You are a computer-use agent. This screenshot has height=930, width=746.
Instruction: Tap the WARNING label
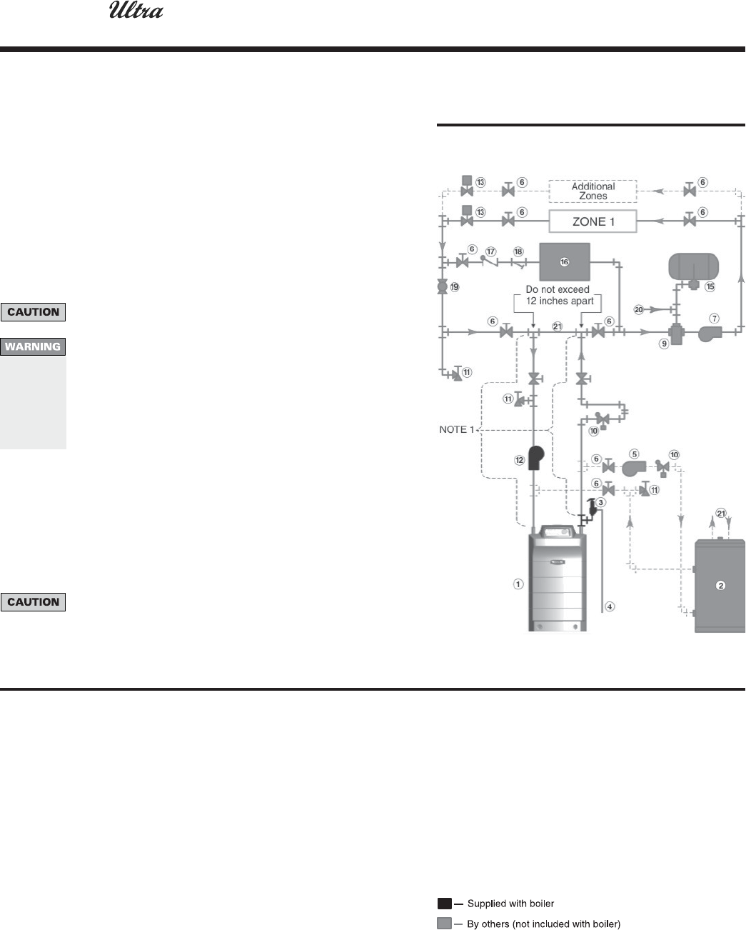(x=34, y=347)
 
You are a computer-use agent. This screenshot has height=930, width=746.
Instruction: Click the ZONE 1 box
(x=593, y=221)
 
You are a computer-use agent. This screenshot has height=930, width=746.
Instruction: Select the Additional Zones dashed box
(x=593, y=191)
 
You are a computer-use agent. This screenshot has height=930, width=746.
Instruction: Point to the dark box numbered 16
(x=564, y=262)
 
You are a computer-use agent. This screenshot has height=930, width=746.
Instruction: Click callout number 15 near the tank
(x=710, y=286)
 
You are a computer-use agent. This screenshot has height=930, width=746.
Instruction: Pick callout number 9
(x=663, y=343)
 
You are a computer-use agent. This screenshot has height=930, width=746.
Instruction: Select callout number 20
(x=639, y=309)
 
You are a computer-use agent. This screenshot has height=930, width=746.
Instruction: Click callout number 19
(x=455, y=287)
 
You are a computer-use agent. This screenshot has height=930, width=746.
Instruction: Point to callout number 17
(x=490, y=251)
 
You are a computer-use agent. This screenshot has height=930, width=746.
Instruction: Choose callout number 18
(x=518, y=251)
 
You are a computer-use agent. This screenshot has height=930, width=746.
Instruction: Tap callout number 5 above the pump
(x=634, y=453)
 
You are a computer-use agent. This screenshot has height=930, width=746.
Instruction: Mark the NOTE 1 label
(x=457, y=429)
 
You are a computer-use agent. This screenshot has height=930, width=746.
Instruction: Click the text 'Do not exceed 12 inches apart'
(x=558, y=295)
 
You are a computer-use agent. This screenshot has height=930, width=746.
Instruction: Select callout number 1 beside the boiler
(x=518, y=584)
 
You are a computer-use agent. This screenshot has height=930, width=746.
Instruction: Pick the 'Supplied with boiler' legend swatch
(x=445, y=904)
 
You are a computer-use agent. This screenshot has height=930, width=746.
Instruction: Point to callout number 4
(x=609, y=606)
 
